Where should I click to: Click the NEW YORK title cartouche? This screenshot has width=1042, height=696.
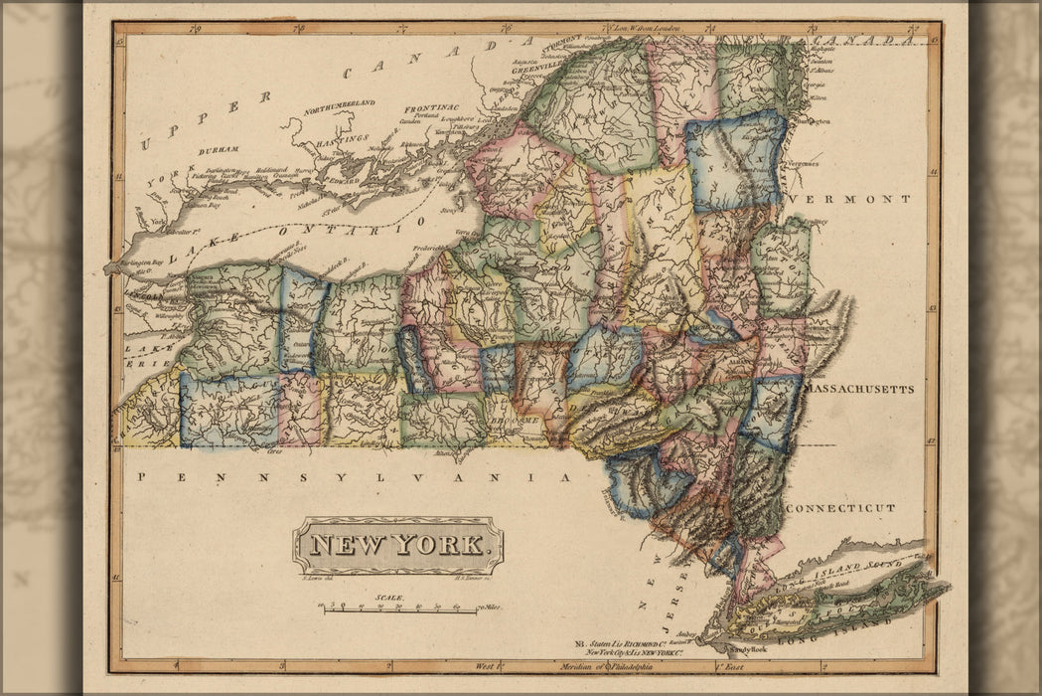tap(397, 545)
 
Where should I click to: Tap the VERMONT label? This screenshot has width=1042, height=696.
tap(849, 199)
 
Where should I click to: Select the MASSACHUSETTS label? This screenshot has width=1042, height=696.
tap(858, 389)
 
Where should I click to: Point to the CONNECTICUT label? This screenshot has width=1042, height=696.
tap(840, 508)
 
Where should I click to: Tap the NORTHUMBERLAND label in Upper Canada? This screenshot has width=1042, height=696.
tap(340, 104)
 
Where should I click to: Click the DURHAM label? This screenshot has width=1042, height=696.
tap(219, 149)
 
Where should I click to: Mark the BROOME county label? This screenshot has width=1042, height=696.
tap(520, 421)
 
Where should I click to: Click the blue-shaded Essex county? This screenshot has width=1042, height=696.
tap(735, 159)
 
